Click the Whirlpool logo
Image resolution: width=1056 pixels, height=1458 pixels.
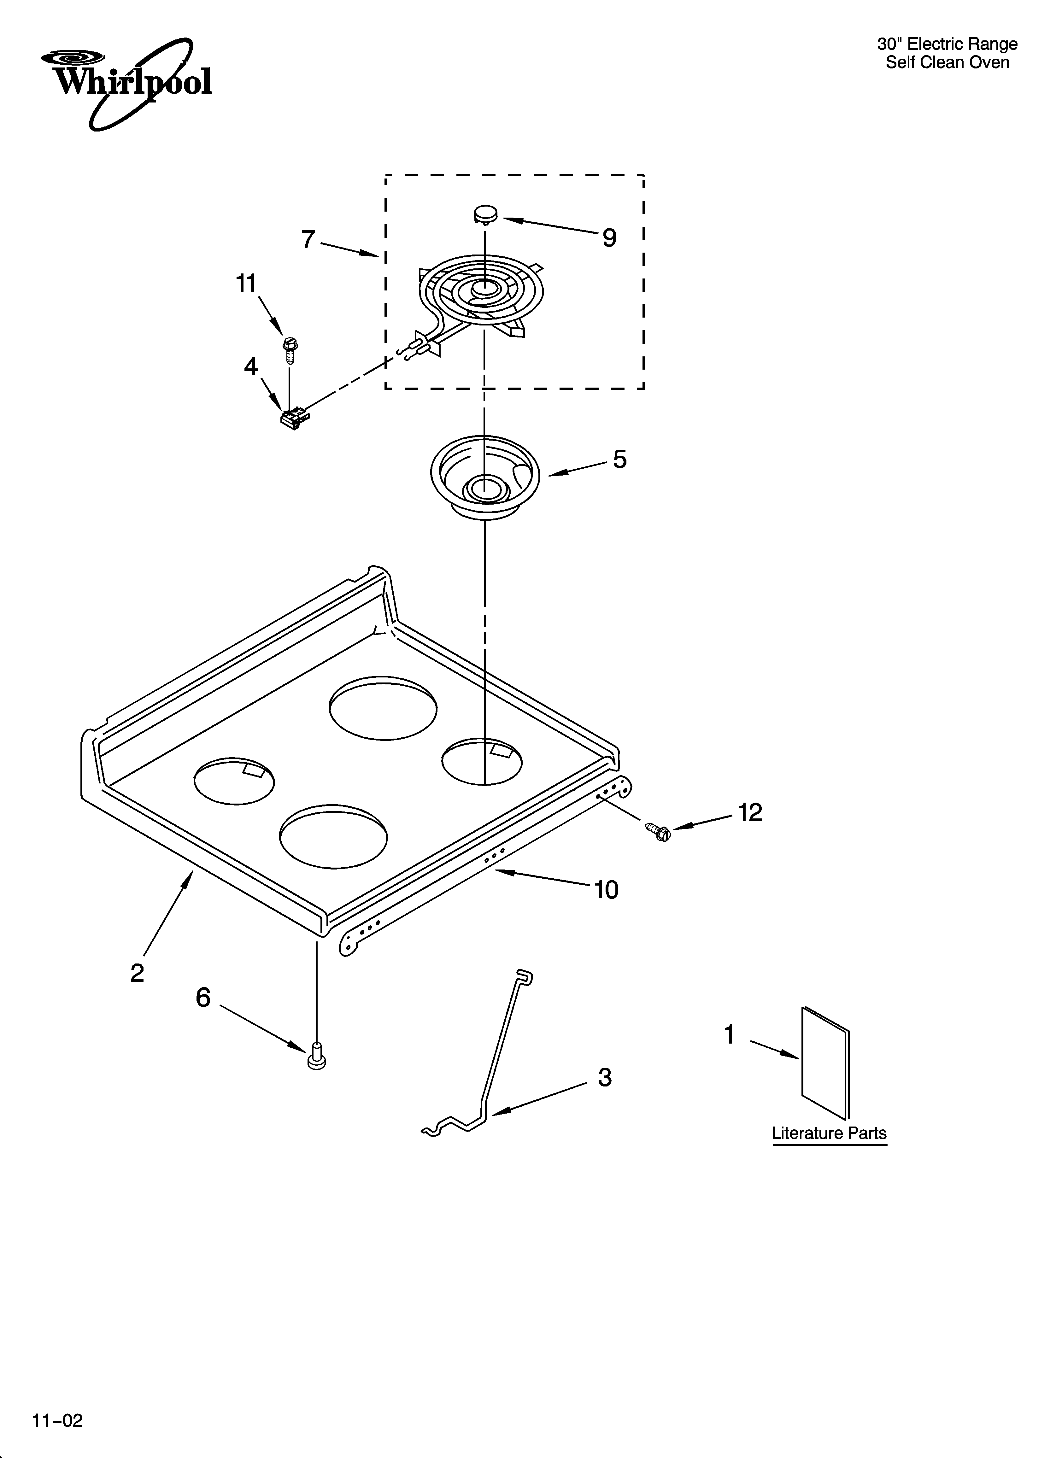[126, 82]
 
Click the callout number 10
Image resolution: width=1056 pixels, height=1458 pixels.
[606, 890]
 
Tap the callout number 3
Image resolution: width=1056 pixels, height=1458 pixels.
[605, 1077]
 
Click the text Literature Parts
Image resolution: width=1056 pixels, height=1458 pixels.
[829, 1133]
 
